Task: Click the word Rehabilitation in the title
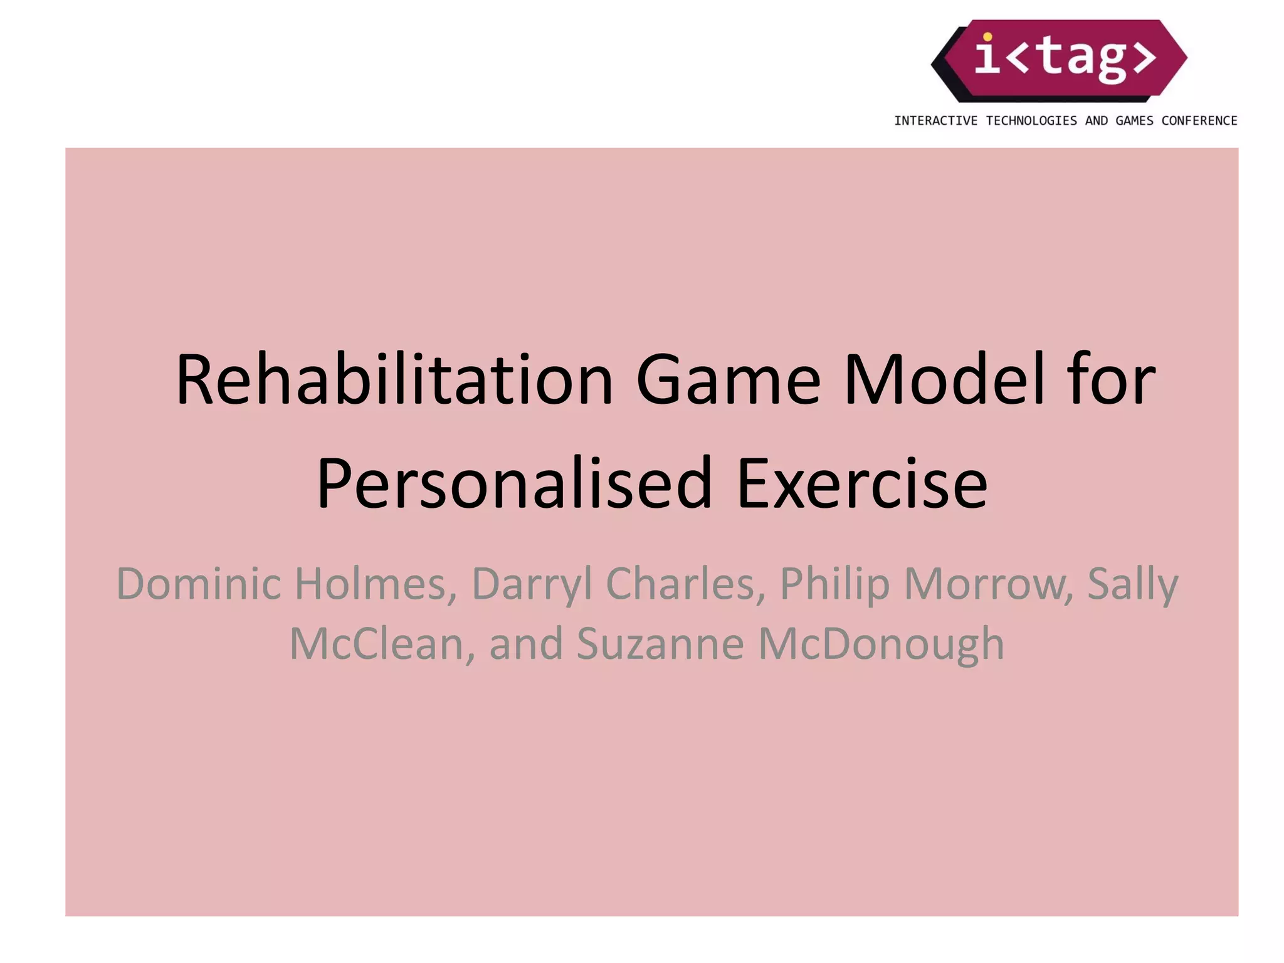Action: (x=394, y=381)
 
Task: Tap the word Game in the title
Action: (x=727, y=381)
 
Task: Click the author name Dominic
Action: (x=198, y=584)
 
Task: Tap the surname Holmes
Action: (x=375, y=584)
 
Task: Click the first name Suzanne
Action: (x=660, y=644)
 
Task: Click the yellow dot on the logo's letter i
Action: (x=987, y=36)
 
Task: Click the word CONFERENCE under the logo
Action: (x=1199, y=121)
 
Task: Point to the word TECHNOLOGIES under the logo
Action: (x=1031, y=121)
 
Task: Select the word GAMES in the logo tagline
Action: (x=1134, y=121)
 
